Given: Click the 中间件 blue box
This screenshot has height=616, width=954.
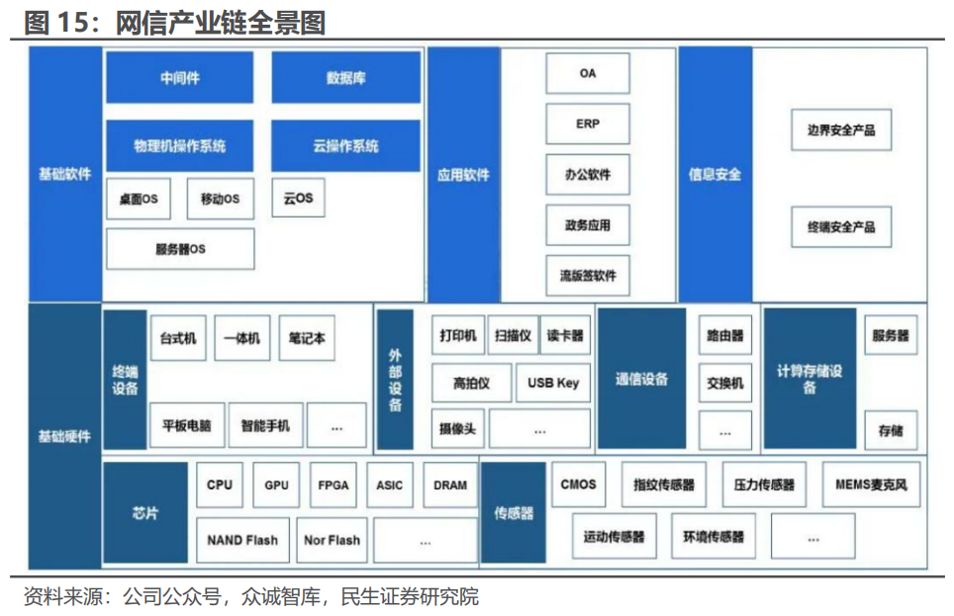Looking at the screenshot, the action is tap(179, 78).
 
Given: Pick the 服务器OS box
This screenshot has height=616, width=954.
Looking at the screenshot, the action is tap(179, 249).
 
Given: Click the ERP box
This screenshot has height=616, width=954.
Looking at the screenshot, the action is tap(587, 125).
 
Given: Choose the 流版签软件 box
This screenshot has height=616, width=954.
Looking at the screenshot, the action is tap(587, 276).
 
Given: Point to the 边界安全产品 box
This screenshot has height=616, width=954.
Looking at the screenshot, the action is tap(840, 130).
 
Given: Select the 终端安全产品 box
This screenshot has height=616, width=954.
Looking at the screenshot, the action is tap(840, 226).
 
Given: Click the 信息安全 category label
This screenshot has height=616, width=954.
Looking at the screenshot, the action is tap(715, 175).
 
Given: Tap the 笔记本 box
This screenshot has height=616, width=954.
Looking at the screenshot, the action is tap(306, 338).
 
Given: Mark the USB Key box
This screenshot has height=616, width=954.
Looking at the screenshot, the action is tap(553, 383).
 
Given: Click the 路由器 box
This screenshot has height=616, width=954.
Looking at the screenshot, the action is tap(724, 336).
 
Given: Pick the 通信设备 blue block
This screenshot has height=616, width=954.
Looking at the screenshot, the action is tap(641, 379).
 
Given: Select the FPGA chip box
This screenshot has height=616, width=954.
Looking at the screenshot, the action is tap(333, 485).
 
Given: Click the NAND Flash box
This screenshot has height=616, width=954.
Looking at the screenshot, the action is tap(242, 540).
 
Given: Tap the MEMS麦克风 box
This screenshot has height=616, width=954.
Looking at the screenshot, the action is tap(871, 485).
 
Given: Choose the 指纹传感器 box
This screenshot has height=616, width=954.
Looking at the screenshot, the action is tap(664, 485).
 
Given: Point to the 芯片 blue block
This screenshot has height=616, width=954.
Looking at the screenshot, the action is tap(145, 512).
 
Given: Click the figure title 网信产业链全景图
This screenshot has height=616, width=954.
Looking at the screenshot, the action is tap(220, 22).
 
